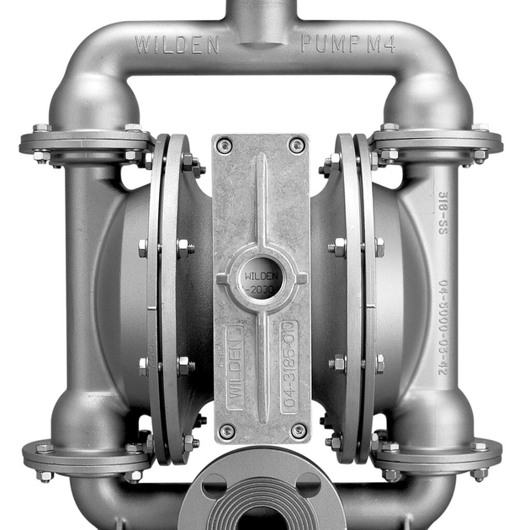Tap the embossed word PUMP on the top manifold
327,44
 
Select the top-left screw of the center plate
223,146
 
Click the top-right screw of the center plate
296,146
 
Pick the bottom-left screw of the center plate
225,431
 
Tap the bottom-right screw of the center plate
298,431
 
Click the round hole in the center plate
261,278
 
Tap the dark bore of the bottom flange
261,517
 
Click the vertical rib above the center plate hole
261,202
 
